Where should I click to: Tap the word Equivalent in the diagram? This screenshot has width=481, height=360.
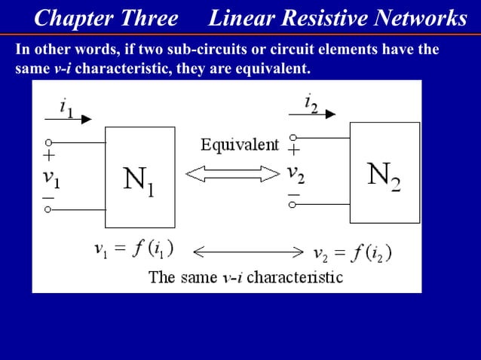point(239,145)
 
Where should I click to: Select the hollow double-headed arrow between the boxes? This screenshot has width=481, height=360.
point(216,175)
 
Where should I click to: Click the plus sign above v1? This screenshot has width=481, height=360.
point(49,157)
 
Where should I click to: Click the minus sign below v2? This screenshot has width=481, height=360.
point(293,194)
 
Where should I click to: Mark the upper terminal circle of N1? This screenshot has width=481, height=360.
point(48,142)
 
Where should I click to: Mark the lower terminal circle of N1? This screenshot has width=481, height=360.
point(48,210)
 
